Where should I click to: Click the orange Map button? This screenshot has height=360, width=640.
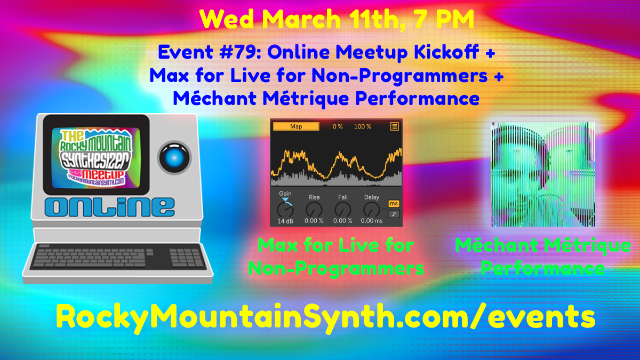point(296,126)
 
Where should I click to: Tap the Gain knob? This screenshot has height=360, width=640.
point(285,209)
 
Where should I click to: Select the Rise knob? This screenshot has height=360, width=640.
point(314,209)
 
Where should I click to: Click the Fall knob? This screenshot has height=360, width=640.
point(343,209)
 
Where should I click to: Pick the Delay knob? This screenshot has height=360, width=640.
point(372,209)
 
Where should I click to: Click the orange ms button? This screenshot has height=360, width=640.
point(394,203)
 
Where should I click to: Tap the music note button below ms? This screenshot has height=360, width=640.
point(394,213)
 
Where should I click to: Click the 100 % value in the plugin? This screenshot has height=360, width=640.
point(363,126)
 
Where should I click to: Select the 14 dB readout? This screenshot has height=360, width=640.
point(285,221)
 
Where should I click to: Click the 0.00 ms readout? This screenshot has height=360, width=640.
point(372,221)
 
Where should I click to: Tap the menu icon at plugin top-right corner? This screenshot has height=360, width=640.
point(395,126)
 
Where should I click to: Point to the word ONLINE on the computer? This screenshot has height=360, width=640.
point(110,206)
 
